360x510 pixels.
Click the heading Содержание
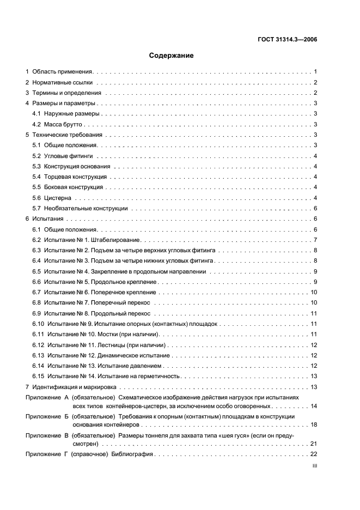tap(172, 55)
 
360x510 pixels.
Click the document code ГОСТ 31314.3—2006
tap(288, 39)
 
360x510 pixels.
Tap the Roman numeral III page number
tap(314, 466)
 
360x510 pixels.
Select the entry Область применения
tap(64, 71)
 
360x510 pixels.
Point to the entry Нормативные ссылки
tap(63, 82)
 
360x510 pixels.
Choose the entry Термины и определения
tap(66, 93)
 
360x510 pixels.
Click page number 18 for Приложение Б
tap(314, 424)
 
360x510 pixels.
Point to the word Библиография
tap(135, 454)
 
